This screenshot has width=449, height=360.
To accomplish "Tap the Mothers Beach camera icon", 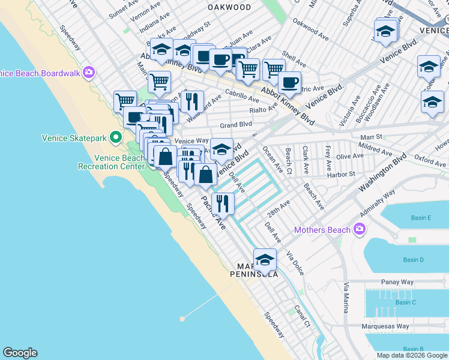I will [x=360, y=229].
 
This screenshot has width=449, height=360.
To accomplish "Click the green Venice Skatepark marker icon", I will [x=113, y=138].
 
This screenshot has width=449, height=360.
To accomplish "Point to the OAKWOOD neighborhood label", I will [x=229, y=7].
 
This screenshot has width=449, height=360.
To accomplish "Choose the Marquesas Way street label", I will [x=385, y=327].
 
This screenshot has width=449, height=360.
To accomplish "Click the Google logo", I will [x=20, y=353].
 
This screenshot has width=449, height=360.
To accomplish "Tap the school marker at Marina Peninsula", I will [x=264, y=260].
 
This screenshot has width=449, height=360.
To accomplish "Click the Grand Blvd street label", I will [x=235, y=125].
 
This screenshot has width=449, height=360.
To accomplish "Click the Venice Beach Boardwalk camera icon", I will [x=89, y=73].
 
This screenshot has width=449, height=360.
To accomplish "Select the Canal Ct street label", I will [x=301, y=317].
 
